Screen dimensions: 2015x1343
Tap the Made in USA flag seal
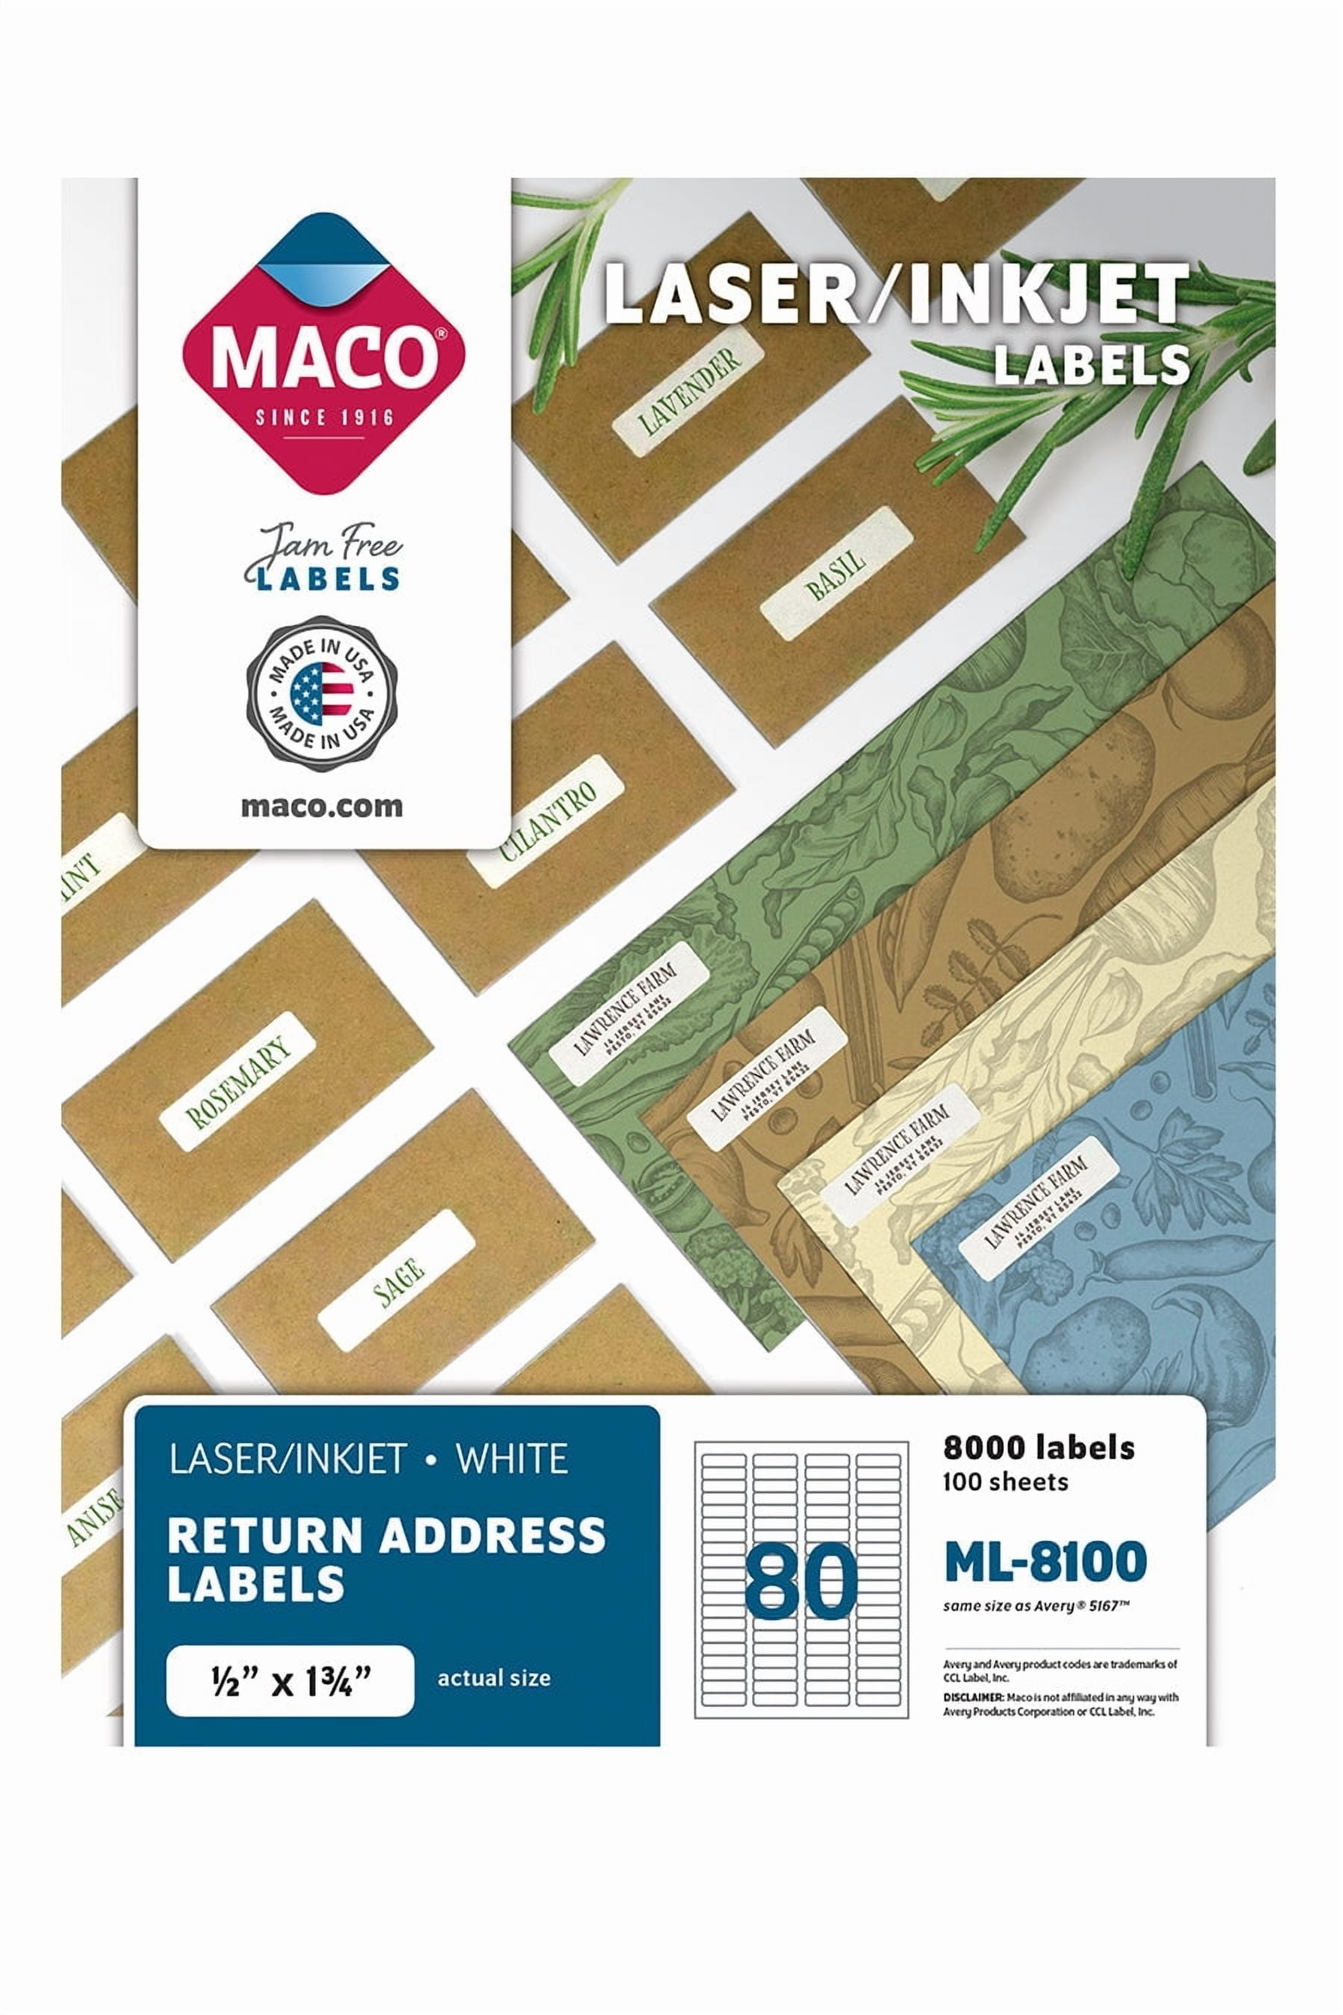pos(322,691)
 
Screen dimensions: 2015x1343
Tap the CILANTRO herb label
pos(548,822)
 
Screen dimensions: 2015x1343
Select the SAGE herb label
pos(398,1281)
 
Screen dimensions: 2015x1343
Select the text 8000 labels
pos(1038,1447)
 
